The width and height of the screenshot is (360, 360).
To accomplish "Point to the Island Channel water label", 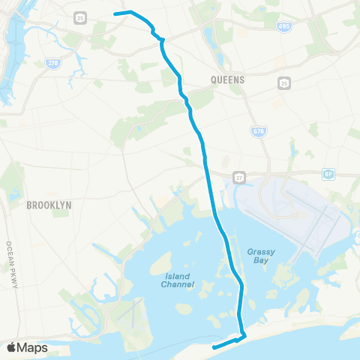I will (x=178, y=280).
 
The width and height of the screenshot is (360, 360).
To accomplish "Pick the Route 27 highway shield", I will (x=238, y=178).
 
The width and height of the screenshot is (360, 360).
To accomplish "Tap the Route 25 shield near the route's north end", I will (x=80, y=16).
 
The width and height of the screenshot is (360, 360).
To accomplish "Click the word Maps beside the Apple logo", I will (x=34, y=347).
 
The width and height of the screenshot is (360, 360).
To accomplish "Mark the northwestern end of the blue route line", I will (x=115, y=13).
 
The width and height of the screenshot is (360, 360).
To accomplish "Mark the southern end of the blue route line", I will (x=214, y=347).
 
